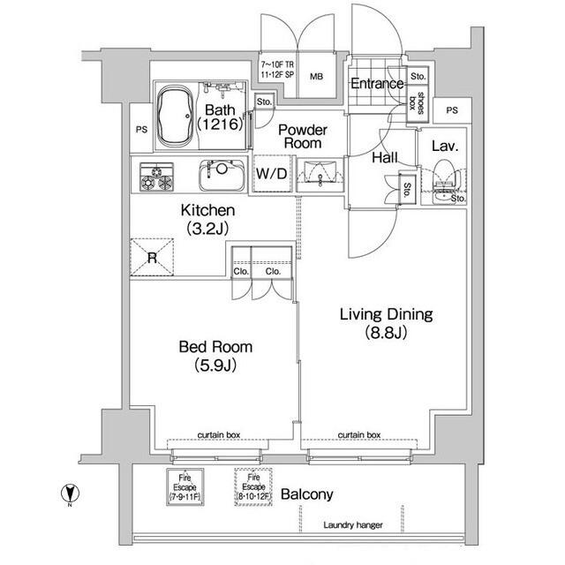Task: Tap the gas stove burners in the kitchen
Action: [x=157, y=177]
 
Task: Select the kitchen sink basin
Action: [x=222, y=175]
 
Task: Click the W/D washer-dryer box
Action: [x=272, y=174]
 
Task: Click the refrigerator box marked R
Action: [x=152, y=257]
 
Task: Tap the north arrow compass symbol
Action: [x=71, y=493]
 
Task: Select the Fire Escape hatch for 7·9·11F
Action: [x=185, y=486]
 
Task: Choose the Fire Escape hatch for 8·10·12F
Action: [x=253, y=486]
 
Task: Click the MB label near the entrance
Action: [x=316, y=77]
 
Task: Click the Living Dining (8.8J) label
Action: [x=387, y=323]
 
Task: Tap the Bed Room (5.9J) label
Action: [x=215, y=356]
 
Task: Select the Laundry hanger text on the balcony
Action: [x=353, y=525]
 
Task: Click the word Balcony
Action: [x=306, y=494]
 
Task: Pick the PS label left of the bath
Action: [x=141, y=130]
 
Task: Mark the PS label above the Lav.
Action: [x=452, y=110]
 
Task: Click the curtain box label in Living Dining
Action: [x=359, y=435]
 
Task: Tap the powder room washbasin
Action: [x=320, y=175]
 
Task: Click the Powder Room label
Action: [x=303, y=136]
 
